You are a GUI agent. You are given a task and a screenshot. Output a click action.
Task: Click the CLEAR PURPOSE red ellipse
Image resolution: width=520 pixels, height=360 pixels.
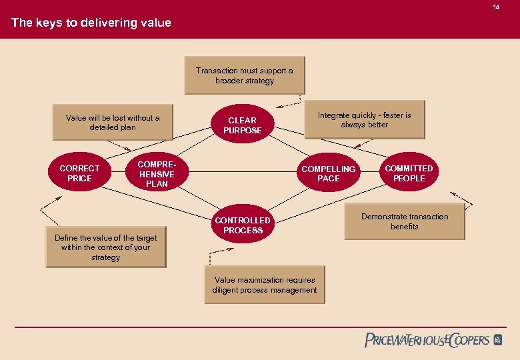coord(243,125)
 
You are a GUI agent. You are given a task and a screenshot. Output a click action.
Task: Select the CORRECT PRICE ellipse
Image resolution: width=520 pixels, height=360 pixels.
coord(79,173)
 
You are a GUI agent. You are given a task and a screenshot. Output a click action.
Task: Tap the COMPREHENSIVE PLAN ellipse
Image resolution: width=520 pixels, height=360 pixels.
coord(157,173)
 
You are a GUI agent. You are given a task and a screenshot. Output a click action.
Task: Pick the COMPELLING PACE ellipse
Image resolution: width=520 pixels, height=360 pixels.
coord(329,173)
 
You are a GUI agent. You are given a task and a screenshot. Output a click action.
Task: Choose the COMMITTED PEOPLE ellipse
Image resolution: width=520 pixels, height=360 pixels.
coord(409,173)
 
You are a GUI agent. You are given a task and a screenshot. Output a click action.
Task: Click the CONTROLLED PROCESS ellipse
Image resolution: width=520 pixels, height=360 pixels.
coord(243,225)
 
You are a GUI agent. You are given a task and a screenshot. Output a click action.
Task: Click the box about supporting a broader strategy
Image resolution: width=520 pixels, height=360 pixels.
coord(244,76)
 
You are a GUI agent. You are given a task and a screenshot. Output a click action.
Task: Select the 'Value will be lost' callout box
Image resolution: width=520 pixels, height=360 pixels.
coord(113,123)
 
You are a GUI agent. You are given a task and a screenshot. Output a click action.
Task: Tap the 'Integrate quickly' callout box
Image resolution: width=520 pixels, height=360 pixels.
coord(364,120)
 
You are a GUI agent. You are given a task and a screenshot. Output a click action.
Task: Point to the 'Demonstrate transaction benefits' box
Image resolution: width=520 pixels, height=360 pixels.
coord(404,221)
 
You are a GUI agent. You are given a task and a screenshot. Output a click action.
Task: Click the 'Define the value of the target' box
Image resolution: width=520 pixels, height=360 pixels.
coord(105,247)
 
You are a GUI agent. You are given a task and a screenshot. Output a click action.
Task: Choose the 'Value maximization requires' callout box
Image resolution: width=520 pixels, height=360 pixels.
coord(265,285)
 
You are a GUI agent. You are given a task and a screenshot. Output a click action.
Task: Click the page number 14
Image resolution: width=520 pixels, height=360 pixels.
coord(495,7)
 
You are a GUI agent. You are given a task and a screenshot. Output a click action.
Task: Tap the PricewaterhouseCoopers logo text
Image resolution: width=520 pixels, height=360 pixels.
coord(427,340)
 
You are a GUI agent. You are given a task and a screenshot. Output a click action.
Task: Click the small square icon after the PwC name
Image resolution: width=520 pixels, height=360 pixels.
coord(497,340)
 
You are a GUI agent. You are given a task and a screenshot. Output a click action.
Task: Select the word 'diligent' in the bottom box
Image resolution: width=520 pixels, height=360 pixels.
coord(227,290)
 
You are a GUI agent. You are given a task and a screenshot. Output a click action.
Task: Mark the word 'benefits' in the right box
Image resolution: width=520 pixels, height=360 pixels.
coord(405,227)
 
